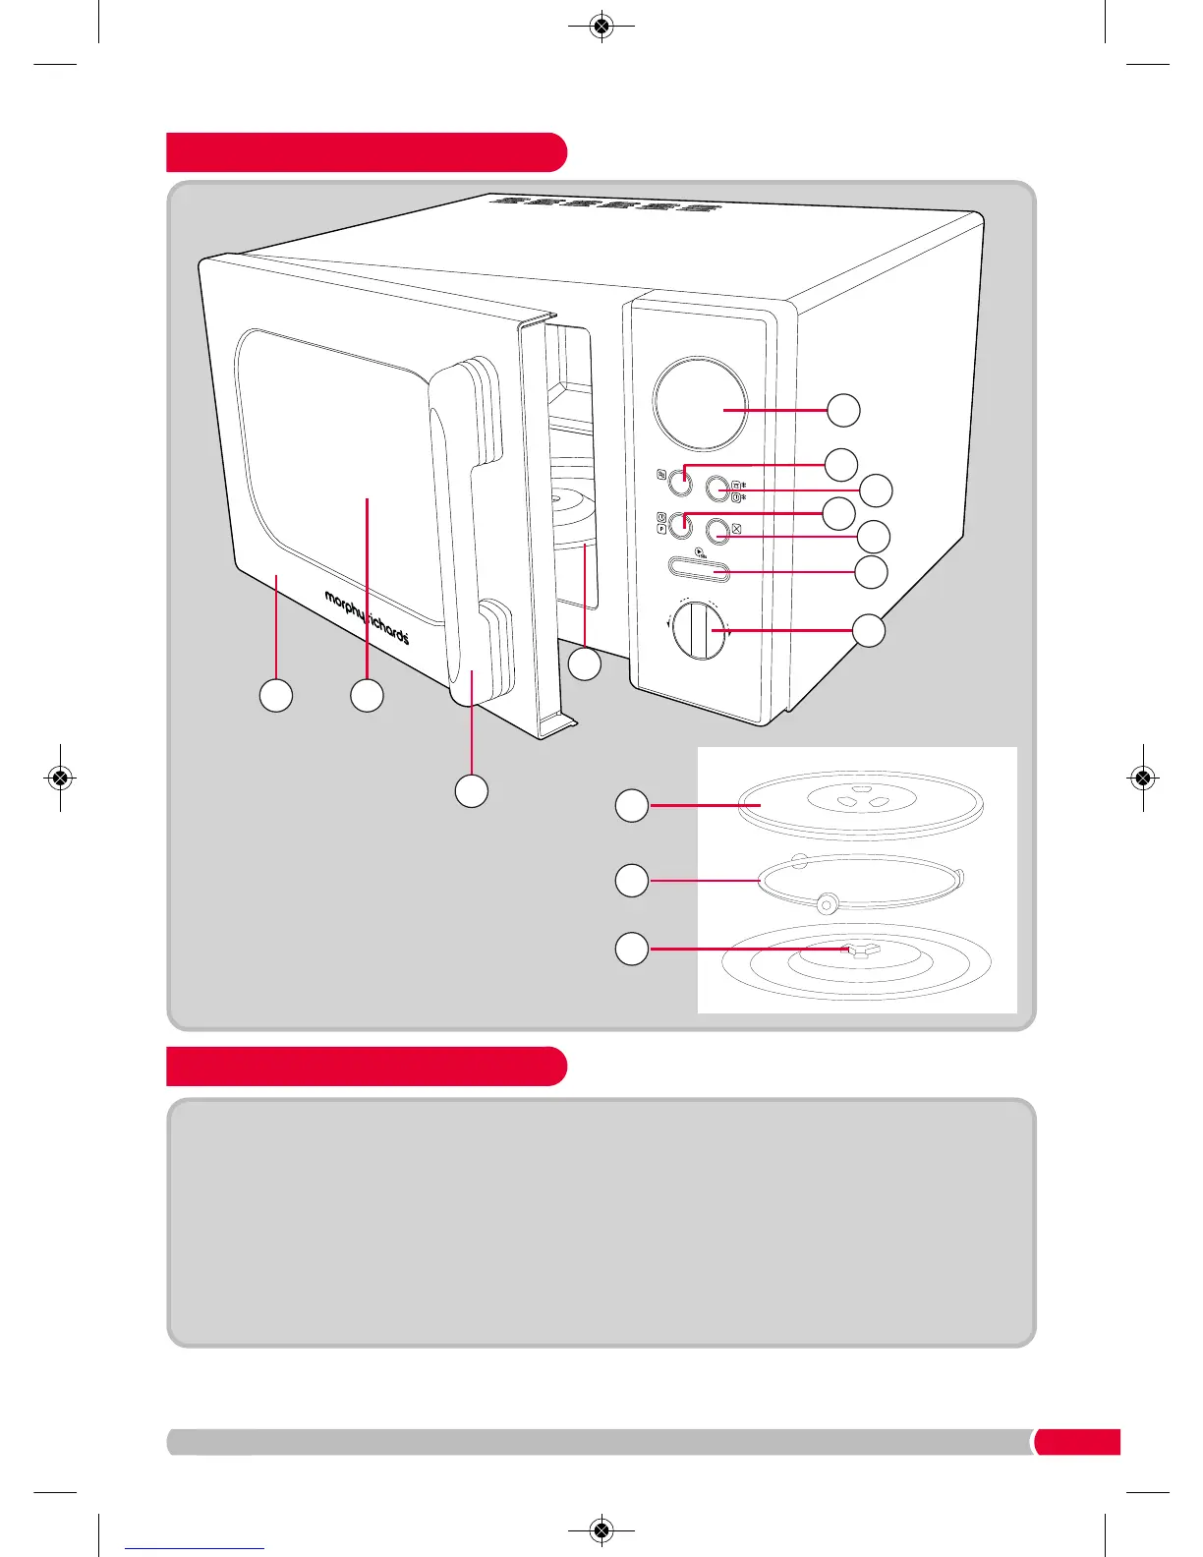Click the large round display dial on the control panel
click(x=701, y=405)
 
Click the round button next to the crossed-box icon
click(x=717, y=532)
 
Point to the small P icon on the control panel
click(x=661, y=529)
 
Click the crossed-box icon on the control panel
click(x=736, y=529)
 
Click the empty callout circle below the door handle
click(x=472, y=790)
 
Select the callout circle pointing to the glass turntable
click(x=632, y=806)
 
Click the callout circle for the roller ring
click(x=632, y=879)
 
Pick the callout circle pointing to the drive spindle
click(x=632, y=949)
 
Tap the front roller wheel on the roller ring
click(x=827, y=901)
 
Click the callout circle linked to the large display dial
click(x=843, y=410)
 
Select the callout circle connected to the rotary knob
click(x=869, y=630)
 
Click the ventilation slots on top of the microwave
click(x=601, y=205)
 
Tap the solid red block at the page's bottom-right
click(x=1077, y=1441)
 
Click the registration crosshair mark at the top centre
click(x=602, y=27)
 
